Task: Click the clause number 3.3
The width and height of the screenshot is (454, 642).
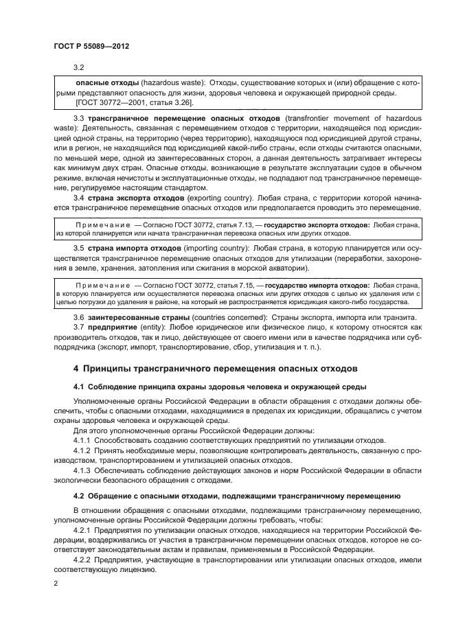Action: [x=78, y=118]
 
